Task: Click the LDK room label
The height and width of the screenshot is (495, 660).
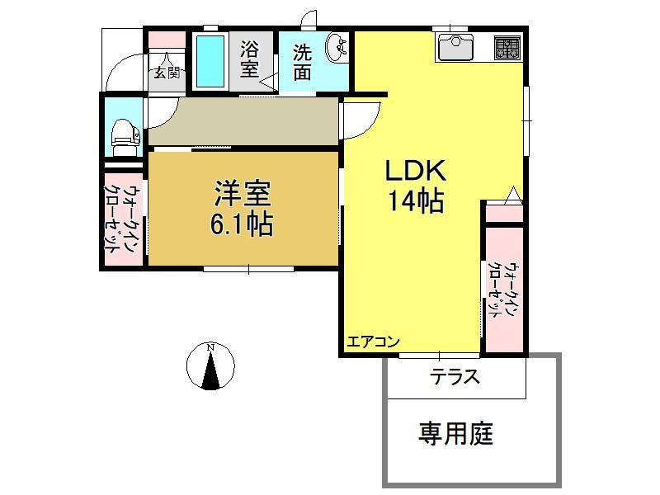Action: point(416,171)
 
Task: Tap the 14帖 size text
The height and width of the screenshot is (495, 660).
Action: point(416,200)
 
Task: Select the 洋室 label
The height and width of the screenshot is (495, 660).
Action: point(243,193)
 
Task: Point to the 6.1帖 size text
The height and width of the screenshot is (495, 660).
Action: point(241,224)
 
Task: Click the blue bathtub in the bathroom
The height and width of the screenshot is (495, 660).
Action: point(210,61)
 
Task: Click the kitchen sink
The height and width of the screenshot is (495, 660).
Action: point(455,46)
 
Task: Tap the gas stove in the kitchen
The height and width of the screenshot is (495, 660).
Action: point(507,47)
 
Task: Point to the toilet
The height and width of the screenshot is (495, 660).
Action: point(125,132)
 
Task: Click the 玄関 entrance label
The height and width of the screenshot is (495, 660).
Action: point(167,73)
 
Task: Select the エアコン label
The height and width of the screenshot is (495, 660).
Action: point(373,342)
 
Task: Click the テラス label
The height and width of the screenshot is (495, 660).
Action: point(455,376)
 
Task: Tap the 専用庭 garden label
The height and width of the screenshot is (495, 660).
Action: point(455,434)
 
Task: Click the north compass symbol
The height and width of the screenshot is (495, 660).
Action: point(210,365)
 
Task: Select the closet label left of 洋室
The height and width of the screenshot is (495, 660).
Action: point(124,219)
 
